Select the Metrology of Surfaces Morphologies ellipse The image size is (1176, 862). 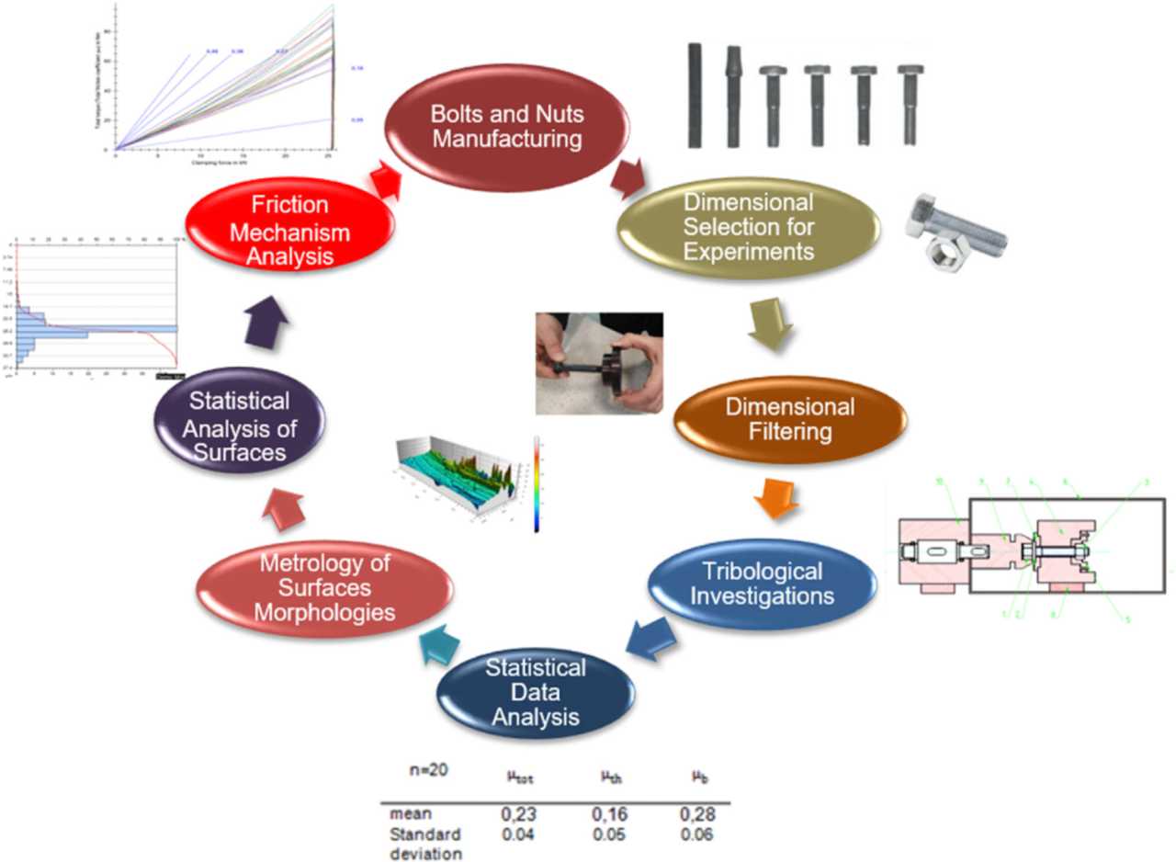pos(322,586)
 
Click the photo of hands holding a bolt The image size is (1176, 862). pos(599,362)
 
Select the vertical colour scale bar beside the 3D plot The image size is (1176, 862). pos(536,483)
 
